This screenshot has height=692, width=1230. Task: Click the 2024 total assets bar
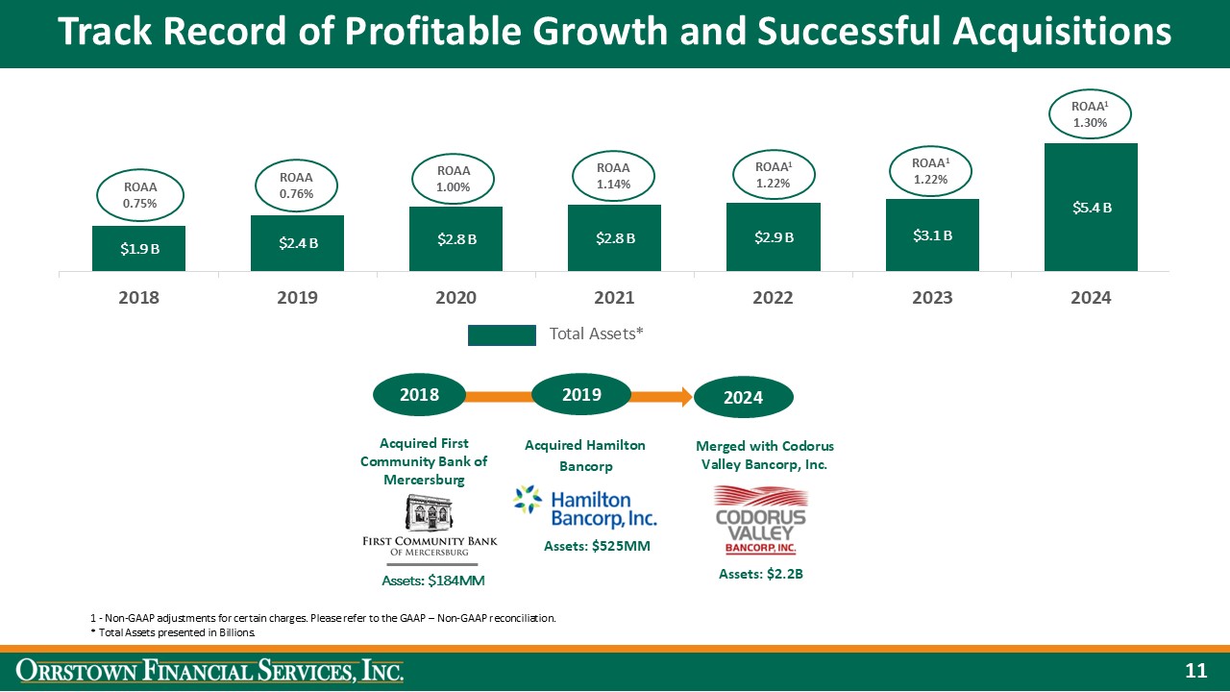pyautogui.click(x=1091, y=207)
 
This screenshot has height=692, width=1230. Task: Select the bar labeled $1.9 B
pyautogui.click(x=139, y=248)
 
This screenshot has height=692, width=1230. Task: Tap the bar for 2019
pyautogui.click(x=298, y=242)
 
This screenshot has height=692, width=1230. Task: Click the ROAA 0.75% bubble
pyautogui.click(x=140, y=196)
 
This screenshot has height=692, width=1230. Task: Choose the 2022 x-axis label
pyautogui.click(x=774, y=298)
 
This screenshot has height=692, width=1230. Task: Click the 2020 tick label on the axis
pyautogui.click(x=456, y=298)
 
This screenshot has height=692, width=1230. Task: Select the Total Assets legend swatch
pyautogui.click(x=502, y=334)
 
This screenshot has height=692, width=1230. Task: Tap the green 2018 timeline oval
pyautogui.click(x=419, y=394)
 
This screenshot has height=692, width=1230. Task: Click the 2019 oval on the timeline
pyautogui.click(x=581, y=394)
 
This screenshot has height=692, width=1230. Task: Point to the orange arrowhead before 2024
pyautogui.click(x=684, y=394)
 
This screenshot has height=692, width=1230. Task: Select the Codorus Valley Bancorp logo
pyautogui.click(x=761, y=520)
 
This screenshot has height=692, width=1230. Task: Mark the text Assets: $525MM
pyautogui.click(x=585, y=546)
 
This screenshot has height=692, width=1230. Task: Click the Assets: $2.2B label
pyautogui.click(x=761, y=574)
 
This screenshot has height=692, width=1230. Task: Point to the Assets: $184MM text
pyautogui.click(x=432, y=580)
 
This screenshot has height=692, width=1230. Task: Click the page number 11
pyautogui.click(x=1195, y=671)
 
